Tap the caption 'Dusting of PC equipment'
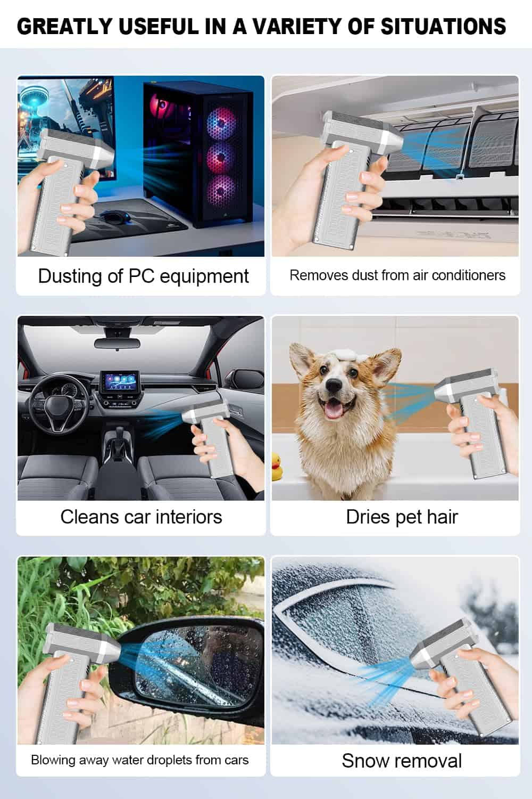click(143, 276)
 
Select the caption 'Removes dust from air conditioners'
click(397, 275)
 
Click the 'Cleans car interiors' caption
click(141, 517)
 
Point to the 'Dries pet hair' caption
click(402, 517)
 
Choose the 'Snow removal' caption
click(402, 761)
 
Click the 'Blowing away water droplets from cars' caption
click(140, 760)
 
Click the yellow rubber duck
click(277, 466)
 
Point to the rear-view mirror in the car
click(117, 343)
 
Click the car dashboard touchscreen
click(119, 381)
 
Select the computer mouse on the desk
click(113, 216)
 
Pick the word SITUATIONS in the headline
click(443, 27)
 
